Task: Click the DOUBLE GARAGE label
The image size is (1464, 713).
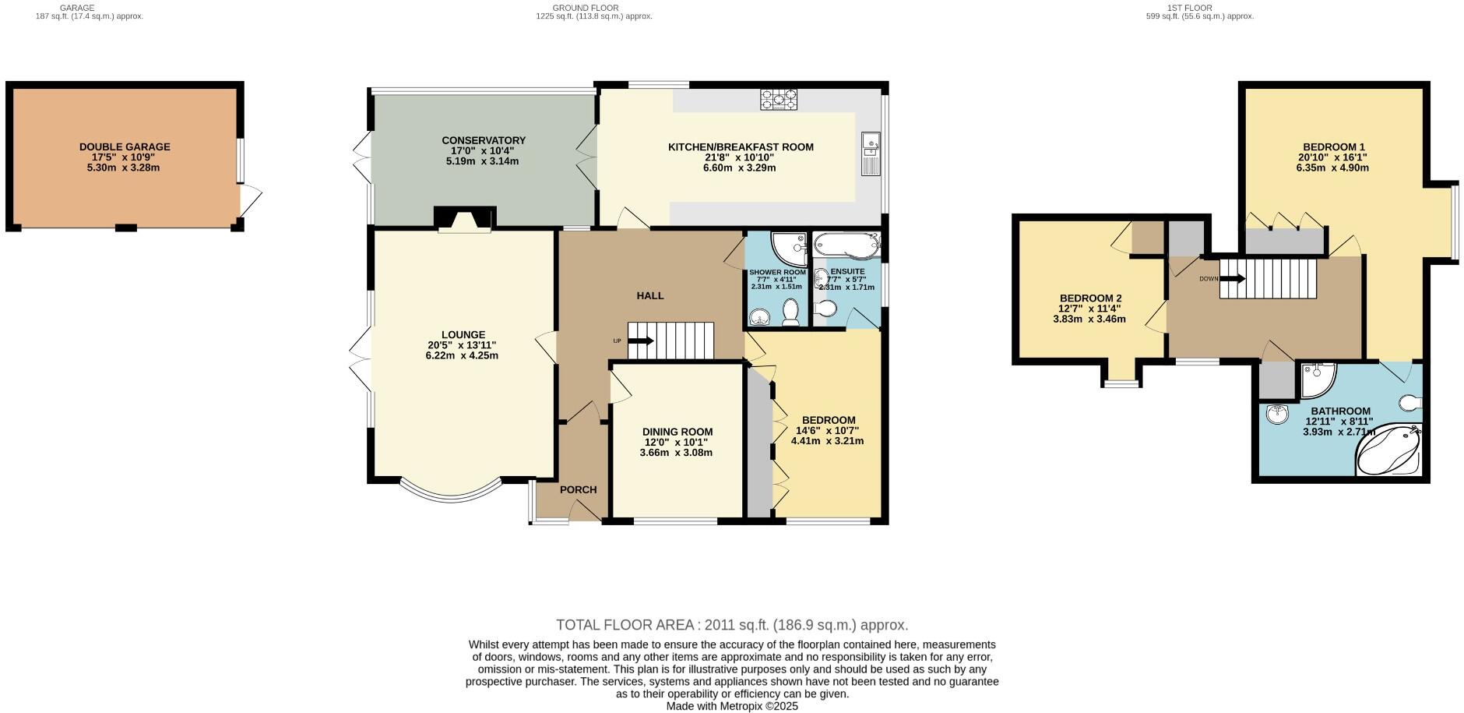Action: tap(125, 146)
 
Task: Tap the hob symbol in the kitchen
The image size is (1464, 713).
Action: tap(780, 99)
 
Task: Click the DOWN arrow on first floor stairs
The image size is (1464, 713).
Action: tap(1232, 278)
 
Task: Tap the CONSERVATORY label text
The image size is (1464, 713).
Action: tap(484, 140)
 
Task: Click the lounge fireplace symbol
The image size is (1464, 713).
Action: tap(465, 219)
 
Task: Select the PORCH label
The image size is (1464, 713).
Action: tap(578, 489)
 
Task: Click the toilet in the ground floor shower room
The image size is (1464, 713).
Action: tap(791, 312)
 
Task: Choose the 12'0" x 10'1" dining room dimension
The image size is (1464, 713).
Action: tap(677, 442)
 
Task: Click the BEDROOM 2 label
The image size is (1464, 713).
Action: tap(1090, 298)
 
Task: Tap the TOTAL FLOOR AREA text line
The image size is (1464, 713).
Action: tap(732, 625)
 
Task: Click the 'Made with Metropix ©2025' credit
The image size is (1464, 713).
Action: tap(732, 706)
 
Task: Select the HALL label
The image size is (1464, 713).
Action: tap(650, 295)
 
